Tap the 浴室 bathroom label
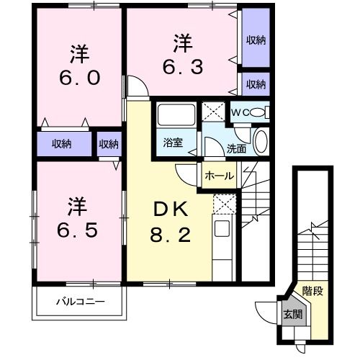pos(173,143)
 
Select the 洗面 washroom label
pos(236,150)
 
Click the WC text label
pos(238,112)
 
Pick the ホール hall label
pos(218,175)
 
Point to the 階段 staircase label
pos(312,292)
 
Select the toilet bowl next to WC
pos(261,112)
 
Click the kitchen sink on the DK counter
pos(222,230)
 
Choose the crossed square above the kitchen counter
pos(223,204)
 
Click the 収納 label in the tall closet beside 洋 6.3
pos(255,40)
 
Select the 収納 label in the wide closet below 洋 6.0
pos(61,144)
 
